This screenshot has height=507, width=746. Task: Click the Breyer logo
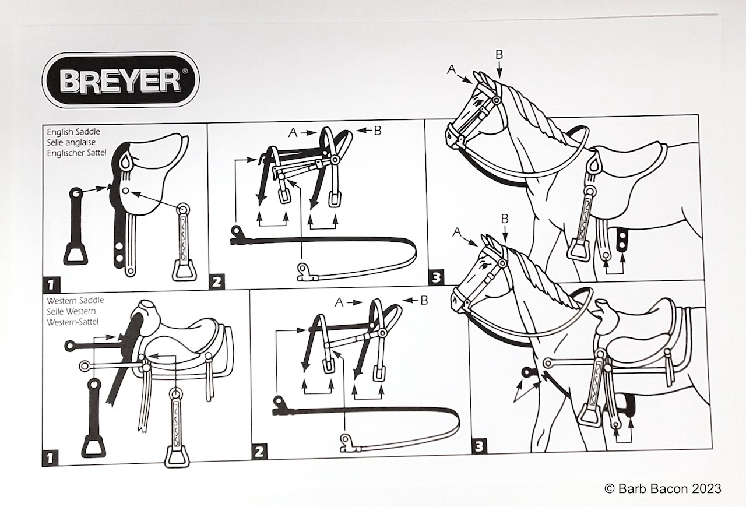[121, 80]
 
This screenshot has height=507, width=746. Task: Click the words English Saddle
[73, 132]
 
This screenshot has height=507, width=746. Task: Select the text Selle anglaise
[71, 142]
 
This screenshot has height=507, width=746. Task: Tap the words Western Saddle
[75, 301]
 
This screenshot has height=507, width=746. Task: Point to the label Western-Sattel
[73, 322]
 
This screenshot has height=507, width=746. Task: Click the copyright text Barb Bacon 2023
[663, 489]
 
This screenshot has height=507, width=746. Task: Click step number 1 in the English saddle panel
[51, 284]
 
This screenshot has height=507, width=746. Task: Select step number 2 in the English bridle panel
[217, 282]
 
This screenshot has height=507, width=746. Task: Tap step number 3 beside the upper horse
[437, 277]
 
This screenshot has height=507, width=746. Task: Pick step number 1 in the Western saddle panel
[50, 459]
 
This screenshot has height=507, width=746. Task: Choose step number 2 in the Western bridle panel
[259, 452]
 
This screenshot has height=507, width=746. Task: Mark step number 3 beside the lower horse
[479, 446]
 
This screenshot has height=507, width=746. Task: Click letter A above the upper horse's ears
[451, 69]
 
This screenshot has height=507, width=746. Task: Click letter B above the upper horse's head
[499, 55]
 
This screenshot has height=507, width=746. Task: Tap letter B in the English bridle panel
[377, 131]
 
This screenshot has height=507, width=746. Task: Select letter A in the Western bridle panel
[339, 302]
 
